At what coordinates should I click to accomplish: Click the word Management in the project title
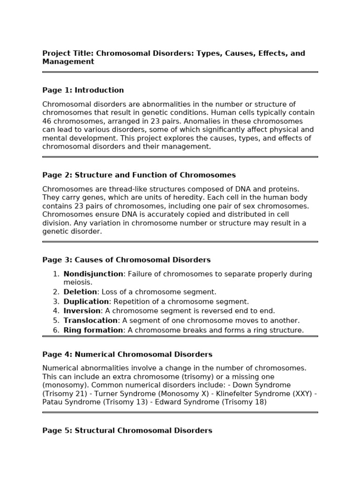[68, 62]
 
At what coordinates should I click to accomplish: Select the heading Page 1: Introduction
[83, 90]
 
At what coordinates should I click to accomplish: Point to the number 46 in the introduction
[47, 121]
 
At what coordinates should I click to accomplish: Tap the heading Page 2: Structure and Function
[139, 175]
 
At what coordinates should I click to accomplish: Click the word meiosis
[77, 283]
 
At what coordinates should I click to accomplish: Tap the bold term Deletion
[80, 292]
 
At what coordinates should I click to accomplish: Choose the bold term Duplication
[86, 302]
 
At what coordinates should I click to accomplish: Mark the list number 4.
[56, 311]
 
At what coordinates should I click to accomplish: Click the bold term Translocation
[90, 321]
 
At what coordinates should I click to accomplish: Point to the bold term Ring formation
[93, 330]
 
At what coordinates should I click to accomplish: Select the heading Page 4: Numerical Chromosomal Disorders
[127, 355]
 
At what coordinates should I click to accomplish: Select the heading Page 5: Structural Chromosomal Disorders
[127, 431]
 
